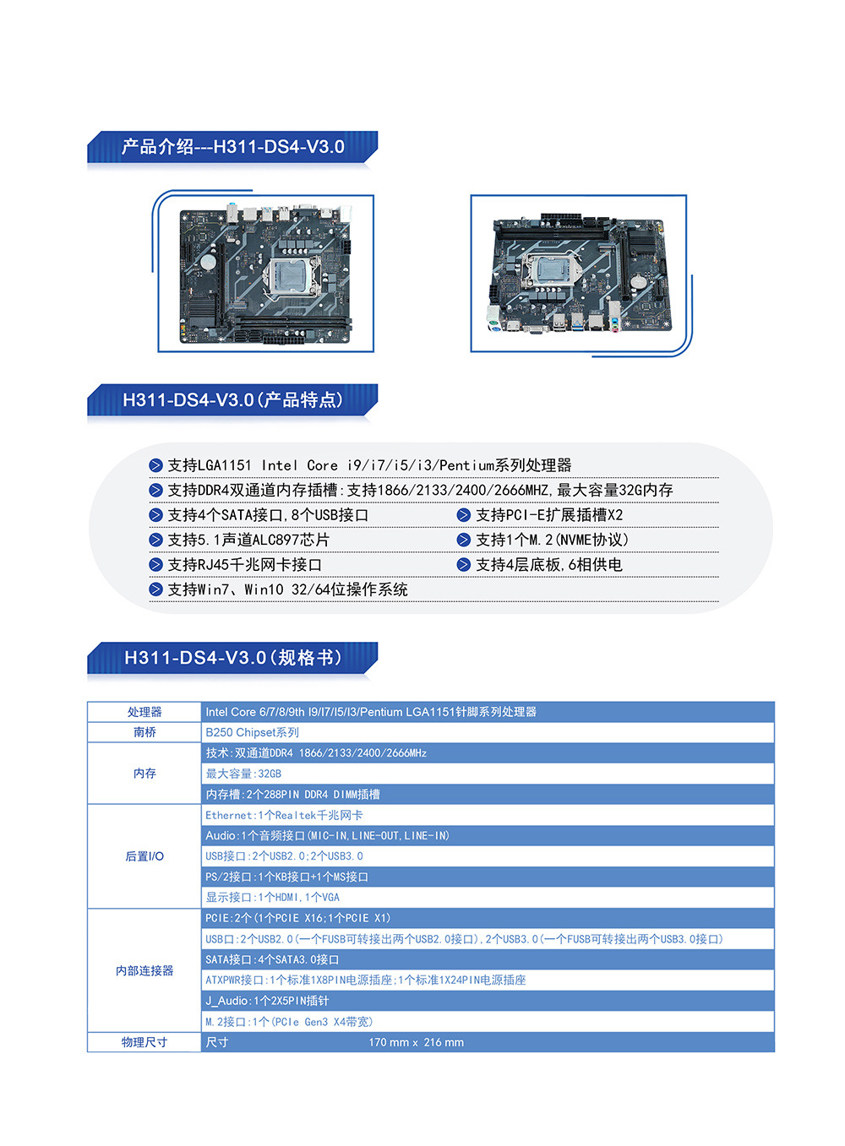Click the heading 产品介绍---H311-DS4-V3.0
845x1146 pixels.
pos(232,147)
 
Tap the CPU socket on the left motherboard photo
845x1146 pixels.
pos(287,275)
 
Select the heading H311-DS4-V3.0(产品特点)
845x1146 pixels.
pos(232,400)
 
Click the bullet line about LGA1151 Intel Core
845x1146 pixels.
pos(369,465)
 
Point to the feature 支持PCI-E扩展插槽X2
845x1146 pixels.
pos(548,515)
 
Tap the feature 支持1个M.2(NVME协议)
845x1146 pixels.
pos(552,540)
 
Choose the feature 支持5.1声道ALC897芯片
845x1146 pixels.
pos(248,540)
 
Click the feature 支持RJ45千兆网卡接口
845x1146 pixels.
pos(244,565)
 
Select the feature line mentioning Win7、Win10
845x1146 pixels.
pos(287,589)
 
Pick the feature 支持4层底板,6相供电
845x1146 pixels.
pos(548,565)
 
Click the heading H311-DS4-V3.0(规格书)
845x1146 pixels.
pos(232,658)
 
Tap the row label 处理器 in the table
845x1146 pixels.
pos(144,712)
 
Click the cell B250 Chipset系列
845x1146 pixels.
pos(252,732)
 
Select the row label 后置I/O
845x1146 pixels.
pos(144,856)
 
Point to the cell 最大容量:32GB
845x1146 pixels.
pos(243,774)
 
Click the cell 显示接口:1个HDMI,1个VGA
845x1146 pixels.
pos(272,897)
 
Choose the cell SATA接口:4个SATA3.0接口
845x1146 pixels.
pos(272,959)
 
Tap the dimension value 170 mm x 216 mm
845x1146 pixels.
pos(416,1042)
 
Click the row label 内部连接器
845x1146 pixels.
pos(144,970)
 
